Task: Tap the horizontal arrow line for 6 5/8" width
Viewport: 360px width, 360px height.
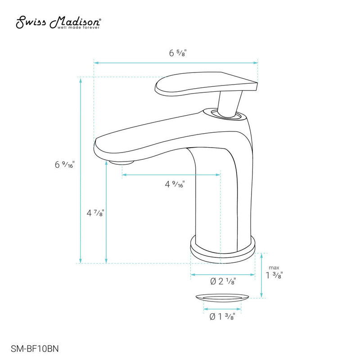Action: point(135,63)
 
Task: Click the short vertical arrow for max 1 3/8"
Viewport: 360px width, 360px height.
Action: point(261,275)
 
